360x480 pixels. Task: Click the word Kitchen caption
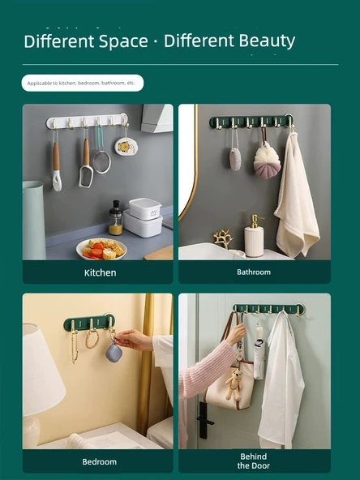click(100, 272)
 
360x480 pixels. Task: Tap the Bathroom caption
click(254, 272)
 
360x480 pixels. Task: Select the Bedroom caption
click(99, 461)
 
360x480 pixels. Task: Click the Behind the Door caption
click(254, 461)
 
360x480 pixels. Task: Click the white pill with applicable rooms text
click(83, 83)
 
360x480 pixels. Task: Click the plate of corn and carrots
click(101, 249)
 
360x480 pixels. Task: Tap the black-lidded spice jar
click(116, 217)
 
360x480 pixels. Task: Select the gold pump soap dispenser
click(254, 236)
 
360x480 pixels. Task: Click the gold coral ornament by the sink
click(223, 238)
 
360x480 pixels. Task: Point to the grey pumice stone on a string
click(235, 159)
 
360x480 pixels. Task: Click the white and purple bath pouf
click(267, 161)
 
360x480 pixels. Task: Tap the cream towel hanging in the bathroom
click(296, 195)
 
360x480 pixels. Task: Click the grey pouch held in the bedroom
click(114, 352)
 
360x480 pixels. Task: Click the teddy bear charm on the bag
click(234, 385)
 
